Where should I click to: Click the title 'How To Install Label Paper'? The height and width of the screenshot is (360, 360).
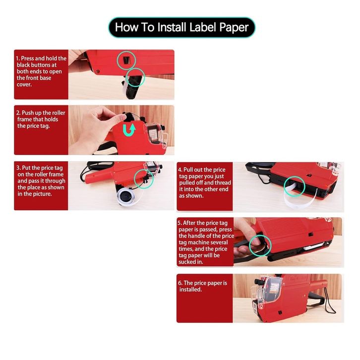click(181, 27)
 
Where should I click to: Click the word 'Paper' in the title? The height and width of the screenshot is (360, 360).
click(234, 27)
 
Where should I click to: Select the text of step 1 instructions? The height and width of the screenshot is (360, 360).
click(41, 71)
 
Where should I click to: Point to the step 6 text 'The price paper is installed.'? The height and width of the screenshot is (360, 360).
click(202, 286)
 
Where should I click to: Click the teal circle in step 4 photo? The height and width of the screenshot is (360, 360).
click(295, 186)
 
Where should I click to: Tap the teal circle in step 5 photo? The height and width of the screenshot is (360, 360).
click(260, 245)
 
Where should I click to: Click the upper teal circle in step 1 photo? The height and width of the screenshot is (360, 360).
click(126, 60)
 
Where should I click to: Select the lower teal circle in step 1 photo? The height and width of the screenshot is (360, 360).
click(135, 77)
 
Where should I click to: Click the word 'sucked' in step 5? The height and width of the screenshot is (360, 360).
click(187, 262)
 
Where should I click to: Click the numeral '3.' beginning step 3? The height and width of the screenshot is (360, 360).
click(18, 168)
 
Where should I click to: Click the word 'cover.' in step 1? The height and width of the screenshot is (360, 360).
click(24, 84)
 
